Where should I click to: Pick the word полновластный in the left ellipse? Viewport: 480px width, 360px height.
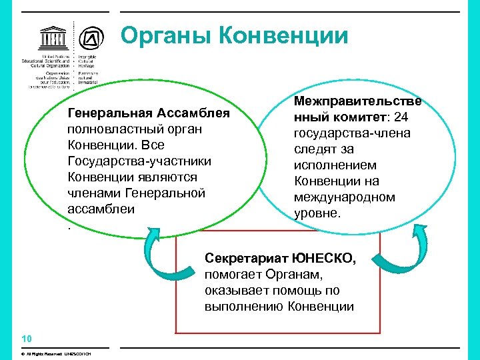coord(109,129)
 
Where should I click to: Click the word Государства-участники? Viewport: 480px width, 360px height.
coord(140,161)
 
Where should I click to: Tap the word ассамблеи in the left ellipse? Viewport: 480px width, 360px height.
coord(101,209)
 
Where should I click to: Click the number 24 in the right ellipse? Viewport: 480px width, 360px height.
coord(402,117)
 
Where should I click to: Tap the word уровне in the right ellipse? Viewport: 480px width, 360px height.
coord(317,214)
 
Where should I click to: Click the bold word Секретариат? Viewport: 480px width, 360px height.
coord(246,258)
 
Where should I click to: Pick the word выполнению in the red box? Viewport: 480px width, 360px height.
coord(245,306)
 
